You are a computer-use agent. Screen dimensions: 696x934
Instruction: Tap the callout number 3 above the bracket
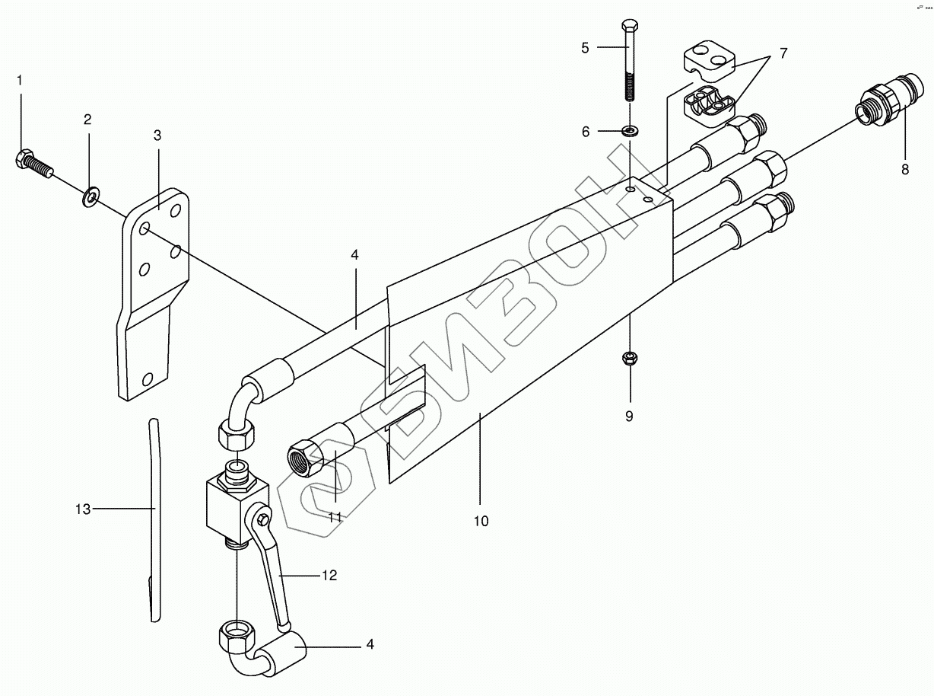[157, 136]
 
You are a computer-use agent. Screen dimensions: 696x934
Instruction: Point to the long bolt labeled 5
[629, 61]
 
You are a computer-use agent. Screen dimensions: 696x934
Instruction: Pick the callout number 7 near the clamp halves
[783, 54]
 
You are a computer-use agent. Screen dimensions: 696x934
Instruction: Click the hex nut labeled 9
[629, 356]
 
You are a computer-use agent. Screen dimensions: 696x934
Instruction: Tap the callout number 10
[481, 522]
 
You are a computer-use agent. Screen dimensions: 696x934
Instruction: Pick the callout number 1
[21, 79]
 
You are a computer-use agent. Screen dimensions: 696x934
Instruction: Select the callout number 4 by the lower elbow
[370, 644]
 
